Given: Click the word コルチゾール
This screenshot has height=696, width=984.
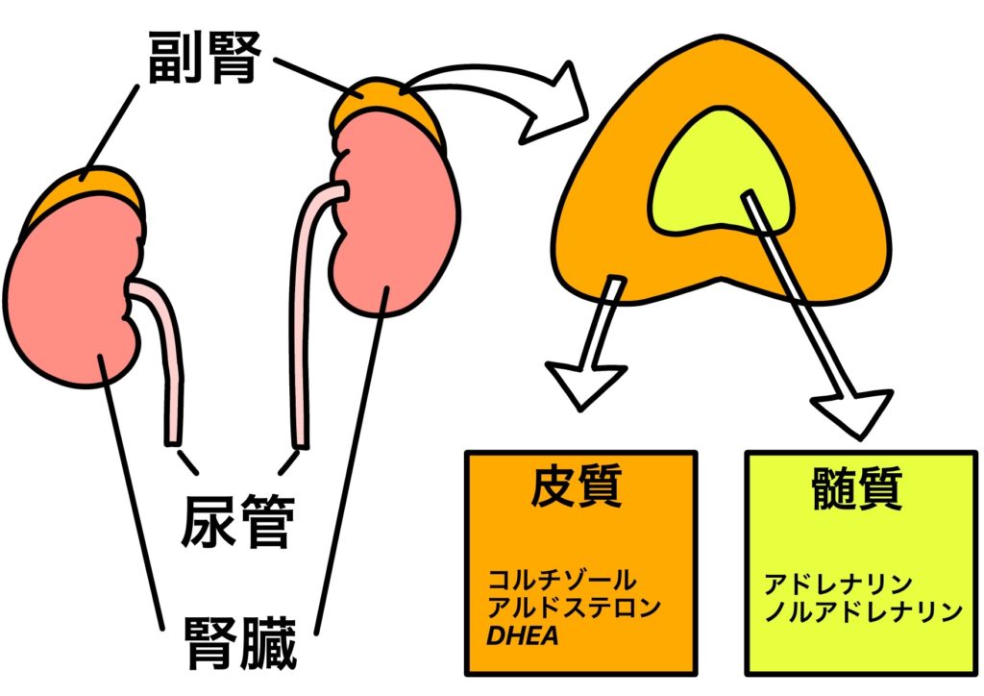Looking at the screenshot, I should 561,581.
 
